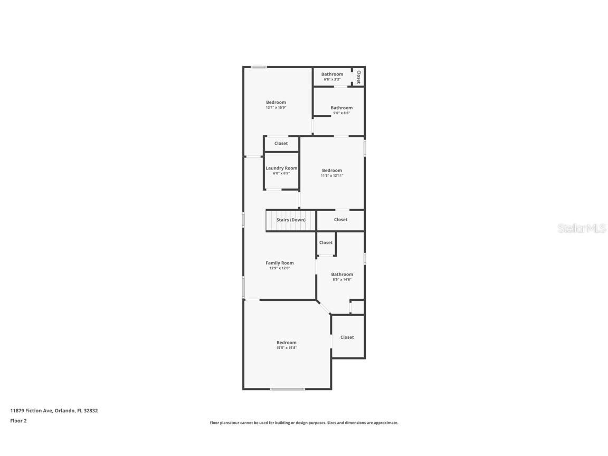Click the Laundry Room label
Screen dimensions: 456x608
point(281,168)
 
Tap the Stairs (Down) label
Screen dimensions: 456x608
point(291,220)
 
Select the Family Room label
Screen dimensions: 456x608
point(279,263)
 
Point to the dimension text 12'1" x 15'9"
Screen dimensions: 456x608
point(276,108)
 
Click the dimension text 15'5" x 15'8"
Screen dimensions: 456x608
point(287,348)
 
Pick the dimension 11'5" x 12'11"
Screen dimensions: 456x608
point(332,176)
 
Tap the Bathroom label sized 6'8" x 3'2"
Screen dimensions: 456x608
point(332,74)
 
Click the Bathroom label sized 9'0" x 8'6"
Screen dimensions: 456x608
point(341,108)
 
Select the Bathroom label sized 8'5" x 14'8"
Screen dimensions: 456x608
point(342,274)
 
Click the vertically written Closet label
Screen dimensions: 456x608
point(359,77)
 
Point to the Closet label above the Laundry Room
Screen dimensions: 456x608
point(281,144)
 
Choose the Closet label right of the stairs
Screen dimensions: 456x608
point(341,220)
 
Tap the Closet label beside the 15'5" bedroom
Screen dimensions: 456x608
point(347,337)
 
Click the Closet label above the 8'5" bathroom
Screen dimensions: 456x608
point(326,243)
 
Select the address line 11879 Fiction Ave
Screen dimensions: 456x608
point(54,411)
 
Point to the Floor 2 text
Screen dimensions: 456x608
point(18,421)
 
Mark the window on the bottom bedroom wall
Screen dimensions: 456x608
point(288,389)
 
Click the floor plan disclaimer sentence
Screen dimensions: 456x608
point(304,423)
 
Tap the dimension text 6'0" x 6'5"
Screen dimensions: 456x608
point(281,173)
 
